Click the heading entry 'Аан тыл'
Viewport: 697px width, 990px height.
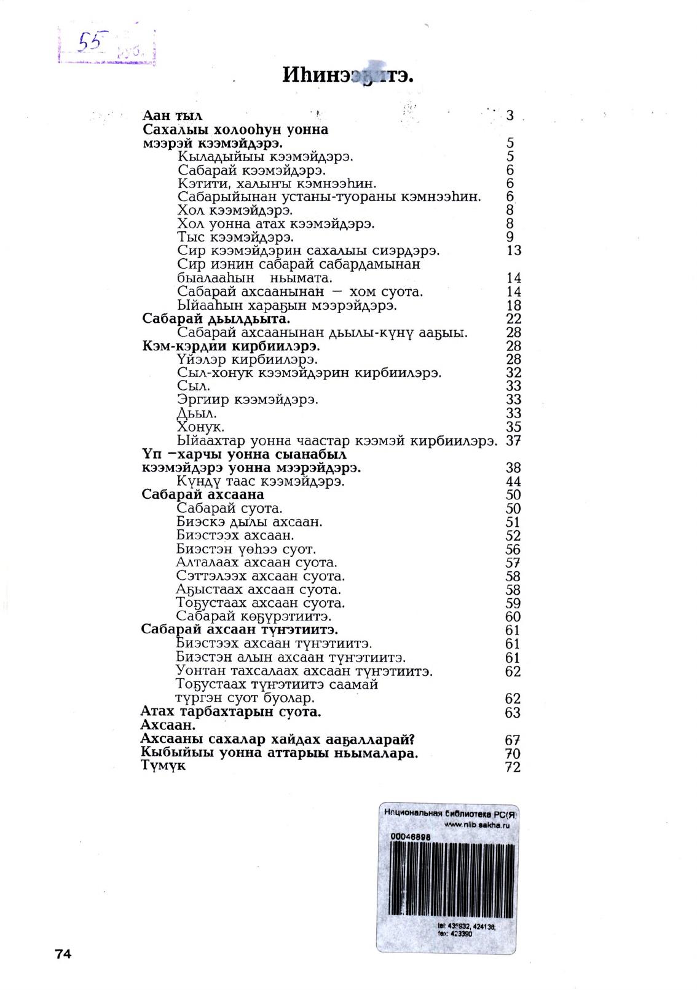pos(172,116)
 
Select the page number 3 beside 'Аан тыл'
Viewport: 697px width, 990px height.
pos(510,116)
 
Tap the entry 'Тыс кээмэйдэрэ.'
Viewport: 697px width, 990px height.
pos(235,237)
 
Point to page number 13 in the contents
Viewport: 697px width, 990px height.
pos(513,251)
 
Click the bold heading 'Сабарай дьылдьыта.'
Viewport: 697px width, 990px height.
pos(216,319)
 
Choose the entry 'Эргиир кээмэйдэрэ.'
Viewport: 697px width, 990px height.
pos(247,400)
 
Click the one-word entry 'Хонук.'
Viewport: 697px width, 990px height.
pos(200,427)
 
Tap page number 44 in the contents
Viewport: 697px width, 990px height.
pos(513,482)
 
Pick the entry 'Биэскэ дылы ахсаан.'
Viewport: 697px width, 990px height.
pos(249,522)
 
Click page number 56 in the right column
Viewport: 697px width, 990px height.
pos(513,550)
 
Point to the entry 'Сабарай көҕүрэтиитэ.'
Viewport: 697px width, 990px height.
pos(254,616)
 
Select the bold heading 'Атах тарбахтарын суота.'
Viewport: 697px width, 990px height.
pos(231,712)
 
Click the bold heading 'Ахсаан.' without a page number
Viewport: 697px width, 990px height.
pos(168,726)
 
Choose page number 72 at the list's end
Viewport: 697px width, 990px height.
pos(513,767)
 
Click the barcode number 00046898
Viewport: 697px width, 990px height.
pos(410,837)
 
